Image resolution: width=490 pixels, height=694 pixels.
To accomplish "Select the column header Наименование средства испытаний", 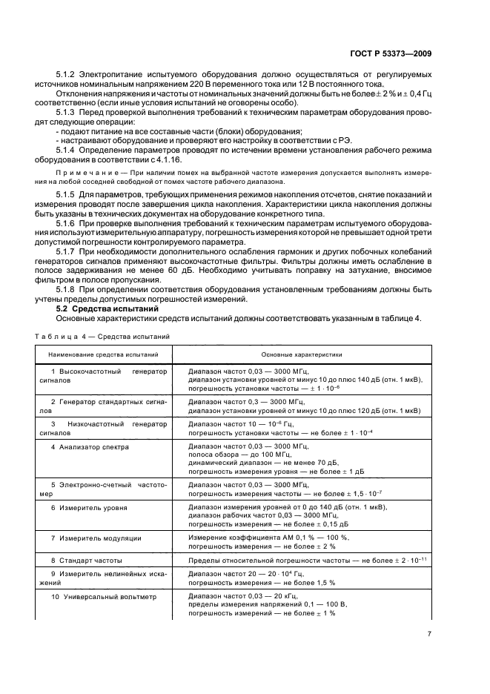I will point(105,355).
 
